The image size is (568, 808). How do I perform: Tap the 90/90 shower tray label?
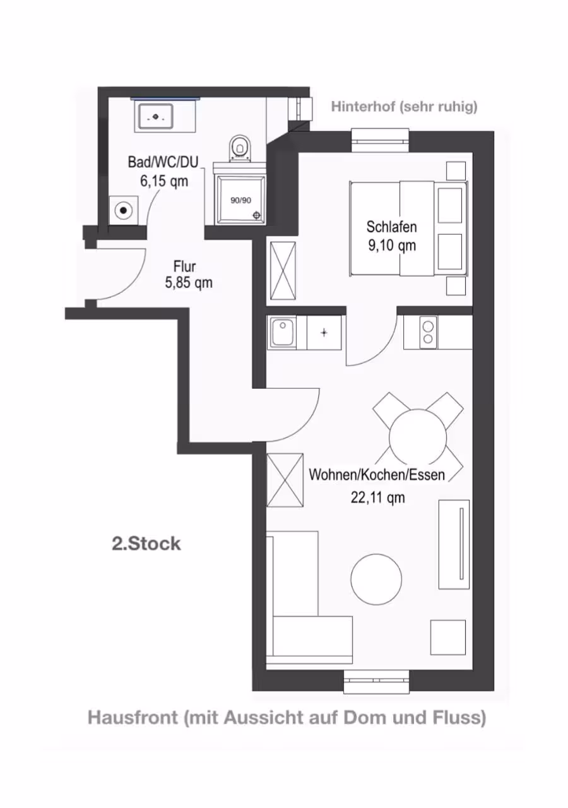click(x=241, y=200)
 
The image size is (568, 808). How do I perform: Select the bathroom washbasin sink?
click(x=156, y=117)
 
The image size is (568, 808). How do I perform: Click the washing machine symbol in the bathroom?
click(x=123, y=210)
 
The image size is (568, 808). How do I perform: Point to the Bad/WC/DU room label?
click(x=163, y=162)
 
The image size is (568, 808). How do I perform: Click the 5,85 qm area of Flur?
click(x=189, y=283)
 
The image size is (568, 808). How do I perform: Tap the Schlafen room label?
click(x=392, y=227)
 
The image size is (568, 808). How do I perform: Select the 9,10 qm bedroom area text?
click(x=392, y=246)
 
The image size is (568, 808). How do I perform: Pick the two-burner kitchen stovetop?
click(x=428, y=333)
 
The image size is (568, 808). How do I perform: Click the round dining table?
click(x=418, y=437)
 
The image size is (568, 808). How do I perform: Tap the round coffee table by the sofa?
click(x=376, y=579)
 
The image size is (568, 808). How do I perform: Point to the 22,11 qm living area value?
click(x=377, y=498)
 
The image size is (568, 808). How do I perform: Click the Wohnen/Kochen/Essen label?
click(x=377, y=475)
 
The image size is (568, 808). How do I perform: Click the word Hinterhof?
click(x=363, y=107)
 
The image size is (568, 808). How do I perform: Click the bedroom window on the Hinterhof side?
click(x=381, y=141)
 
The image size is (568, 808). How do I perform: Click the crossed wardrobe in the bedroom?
click(x=283, y=271)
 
